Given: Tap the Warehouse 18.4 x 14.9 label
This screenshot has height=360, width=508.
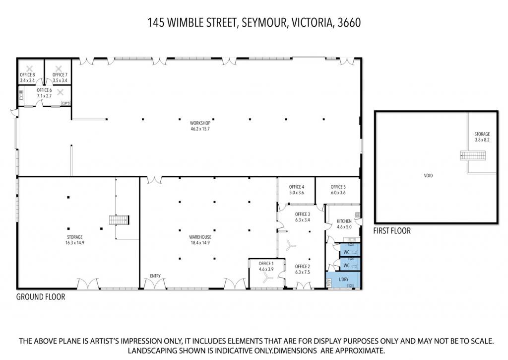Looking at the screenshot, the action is click(200, 240).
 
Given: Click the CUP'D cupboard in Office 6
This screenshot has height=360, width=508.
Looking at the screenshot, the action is click(66, 103).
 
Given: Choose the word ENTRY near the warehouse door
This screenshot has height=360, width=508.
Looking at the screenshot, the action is click(155, 276).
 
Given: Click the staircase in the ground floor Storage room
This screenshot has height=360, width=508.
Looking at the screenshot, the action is click(119, 220).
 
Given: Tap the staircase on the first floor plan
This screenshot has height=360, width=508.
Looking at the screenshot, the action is click(473, 155).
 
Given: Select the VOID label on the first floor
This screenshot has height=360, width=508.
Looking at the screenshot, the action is click(428, 175).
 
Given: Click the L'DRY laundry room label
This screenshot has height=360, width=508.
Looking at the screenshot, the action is click(343, 279).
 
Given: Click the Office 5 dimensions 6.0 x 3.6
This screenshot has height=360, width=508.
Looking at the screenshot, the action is click(338, 192).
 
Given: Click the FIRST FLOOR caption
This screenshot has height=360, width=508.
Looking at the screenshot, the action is click(392, 231).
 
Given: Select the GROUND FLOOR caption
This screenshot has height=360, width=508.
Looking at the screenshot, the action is click(41, 297).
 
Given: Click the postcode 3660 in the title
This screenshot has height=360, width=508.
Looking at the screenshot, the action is click(349, 23).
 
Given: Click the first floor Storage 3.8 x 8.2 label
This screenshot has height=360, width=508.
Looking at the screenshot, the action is click(482, 137).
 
